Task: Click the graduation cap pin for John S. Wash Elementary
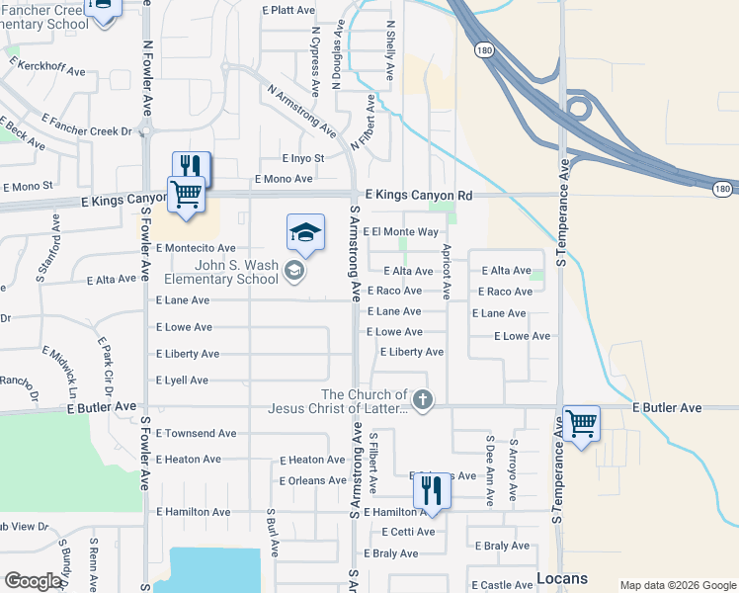(x=305, y=234)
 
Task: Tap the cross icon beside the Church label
(x=422, y=400)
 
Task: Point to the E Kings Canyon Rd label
(x=419, y=196)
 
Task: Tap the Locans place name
(x=562, y=578)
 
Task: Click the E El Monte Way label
(x=400, y=232)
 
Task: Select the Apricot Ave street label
(x=447, y=272)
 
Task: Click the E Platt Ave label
(x=288, y=10)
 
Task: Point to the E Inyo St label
(x=302, y=158)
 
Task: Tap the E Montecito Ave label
(x=196, y=248)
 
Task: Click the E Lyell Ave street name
(x=182, y=381)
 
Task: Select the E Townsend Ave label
(x=196, y=434)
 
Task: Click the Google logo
(x=34, y=581)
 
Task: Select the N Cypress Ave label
(x=316, y=58)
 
